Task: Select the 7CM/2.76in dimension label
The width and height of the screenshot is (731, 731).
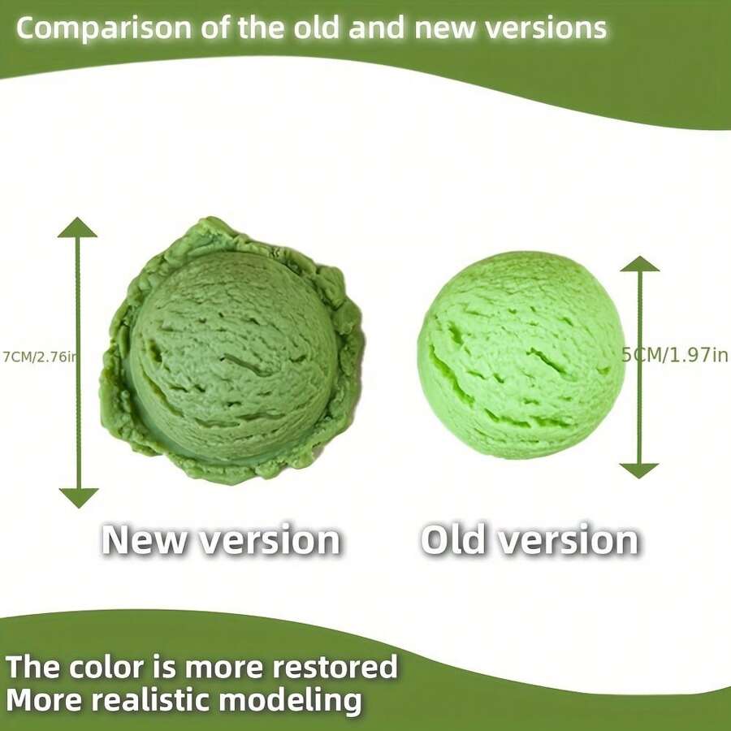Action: click(x=39, y=355)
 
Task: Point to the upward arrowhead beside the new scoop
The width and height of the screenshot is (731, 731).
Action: click(x=78, y=227)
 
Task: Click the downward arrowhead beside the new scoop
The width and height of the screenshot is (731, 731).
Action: click(x=78, y=497)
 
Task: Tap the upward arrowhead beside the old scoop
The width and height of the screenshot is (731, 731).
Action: click(x=640, y=264)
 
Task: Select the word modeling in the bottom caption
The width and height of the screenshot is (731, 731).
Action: click(x=308, y=699)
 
